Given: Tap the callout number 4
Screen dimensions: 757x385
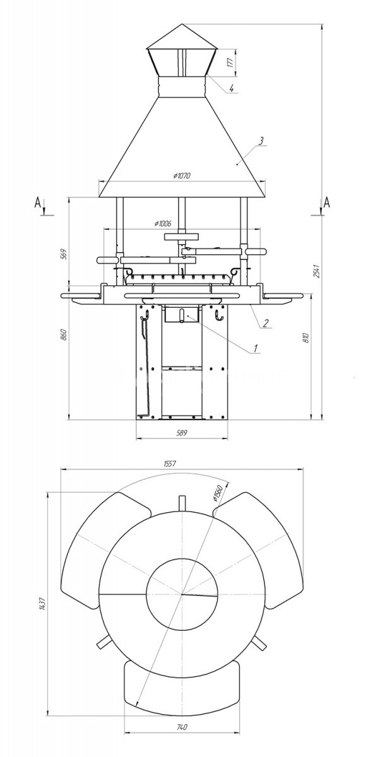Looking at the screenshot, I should click(232, 89).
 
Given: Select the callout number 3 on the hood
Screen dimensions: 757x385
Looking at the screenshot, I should click(260, 141).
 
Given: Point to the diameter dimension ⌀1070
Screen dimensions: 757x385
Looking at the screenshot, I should click(182, 175).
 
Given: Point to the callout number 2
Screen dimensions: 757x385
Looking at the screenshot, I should click(266, 323).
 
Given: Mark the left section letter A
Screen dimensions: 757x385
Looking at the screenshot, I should click(38, 202).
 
